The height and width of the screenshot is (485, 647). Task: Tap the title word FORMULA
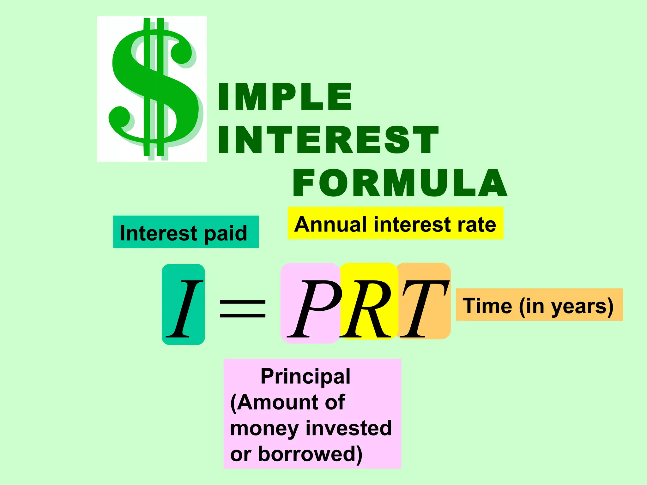[x=400, y=183]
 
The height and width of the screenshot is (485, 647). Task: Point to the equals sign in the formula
[x=243, y=308]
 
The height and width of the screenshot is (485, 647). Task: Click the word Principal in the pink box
[x=305, y=377]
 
